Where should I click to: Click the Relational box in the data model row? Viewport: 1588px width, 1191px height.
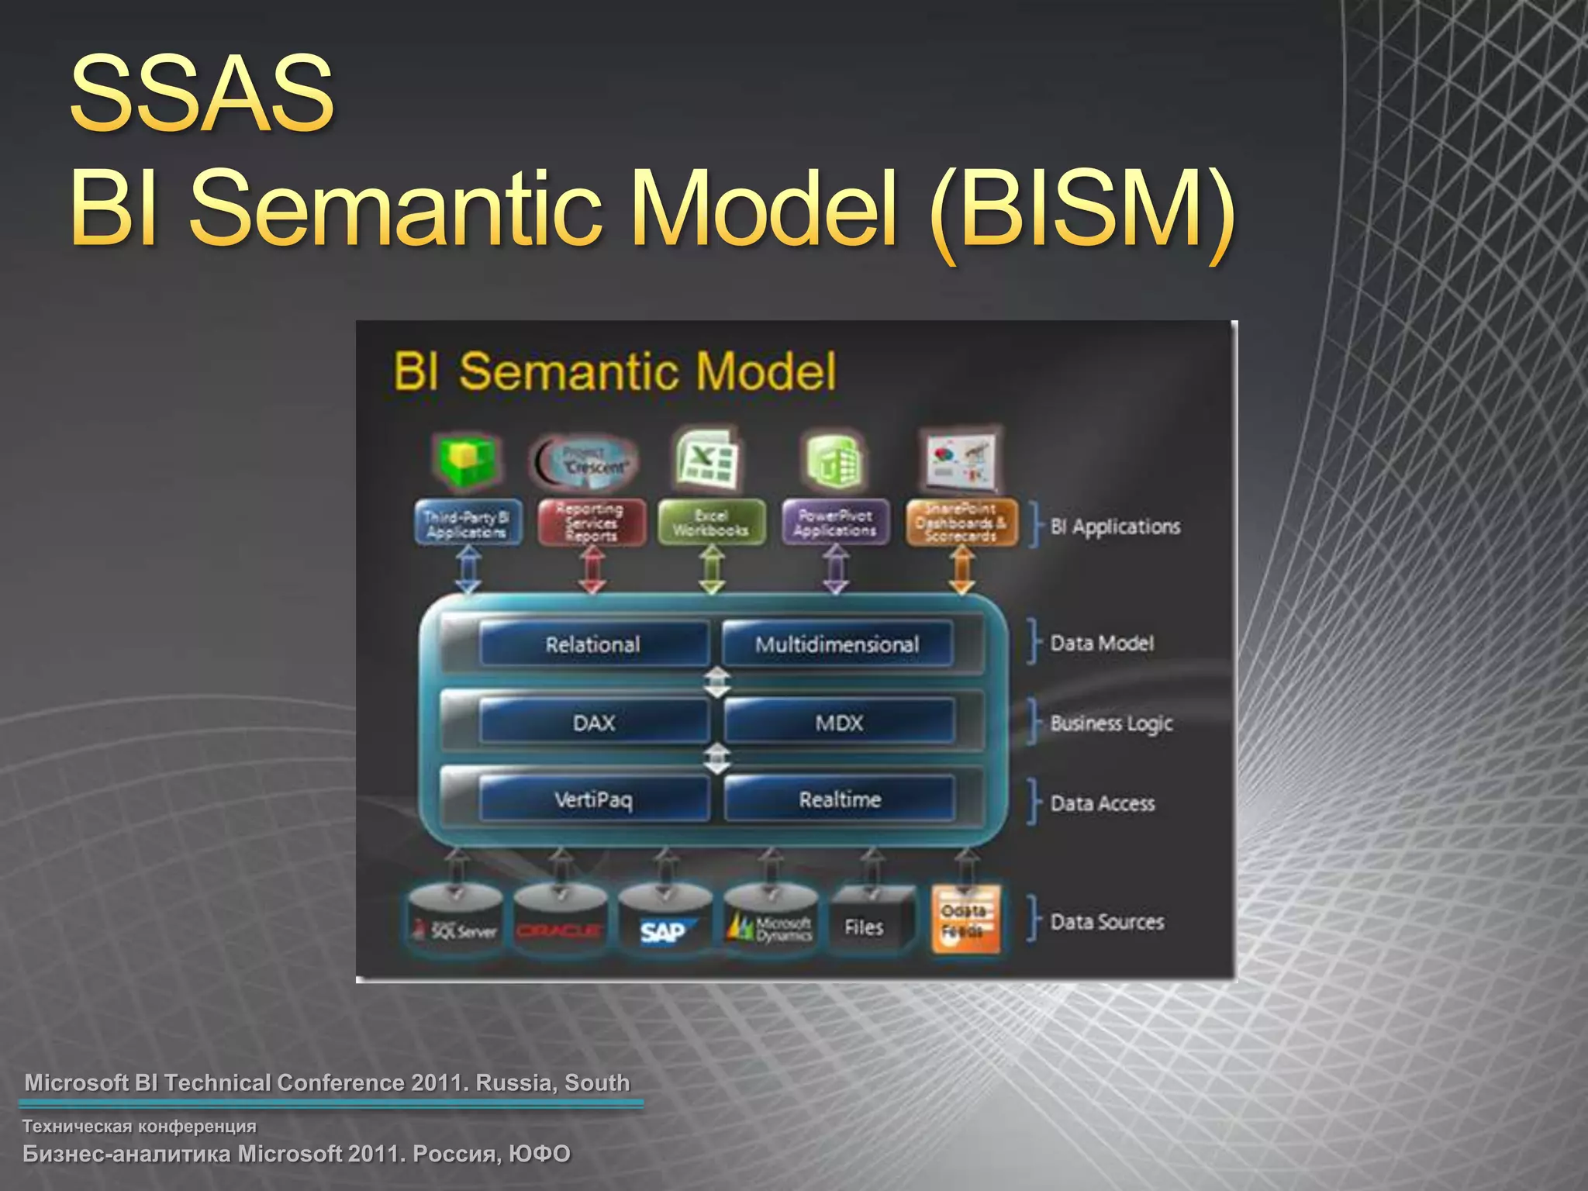(593, 644)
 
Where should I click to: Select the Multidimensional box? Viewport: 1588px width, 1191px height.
(837, 644)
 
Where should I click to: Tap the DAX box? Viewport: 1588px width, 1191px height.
(594, 723)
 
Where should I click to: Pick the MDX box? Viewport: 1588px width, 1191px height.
(839, 723)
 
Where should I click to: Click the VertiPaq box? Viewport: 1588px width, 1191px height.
(594, 799)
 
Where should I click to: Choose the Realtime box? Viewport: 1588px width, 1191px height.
(840, 799)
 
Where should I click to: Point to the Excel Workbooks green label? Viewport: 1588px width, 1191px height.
(711, 523)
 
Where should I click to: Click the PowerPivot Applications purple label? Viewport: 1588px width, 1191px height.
(835, 523)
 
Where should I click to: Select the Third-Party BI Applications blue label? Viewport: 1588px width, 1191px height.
(467, 523)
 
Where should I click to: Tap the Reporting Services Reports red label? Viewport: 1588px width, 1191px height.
(591, 523)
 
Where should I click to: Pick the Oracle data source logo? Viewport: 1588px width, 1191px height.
(559, 930)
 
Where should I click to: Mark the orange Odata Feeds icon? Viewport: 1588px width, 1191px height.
(965, 920)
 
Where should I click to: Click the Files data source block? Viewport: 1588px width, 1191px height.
(865, 927)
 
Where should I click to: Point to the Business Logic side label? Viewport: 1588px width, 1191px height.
(1110, 723)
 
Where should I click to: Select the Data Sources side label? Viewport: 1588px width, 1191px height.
(1106, 921)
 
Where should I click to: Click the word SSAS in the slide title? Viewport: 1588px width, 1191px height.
(202, 95)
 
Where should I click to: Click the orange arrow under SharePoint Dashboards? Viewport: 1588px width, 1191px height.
(961, 570)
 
